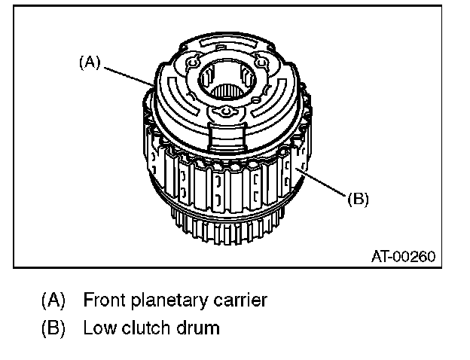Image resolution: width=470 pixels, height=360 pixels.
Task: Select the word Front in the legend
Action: (103, 301)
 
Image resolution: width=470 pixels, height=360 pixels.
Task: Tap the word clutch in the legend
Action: (144, 328)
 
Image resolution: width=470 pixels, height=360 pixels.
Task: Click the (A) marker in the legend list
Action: (52, 301)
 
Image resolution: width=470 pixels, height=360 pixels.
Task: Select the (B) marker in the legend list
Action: (52, 328)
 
